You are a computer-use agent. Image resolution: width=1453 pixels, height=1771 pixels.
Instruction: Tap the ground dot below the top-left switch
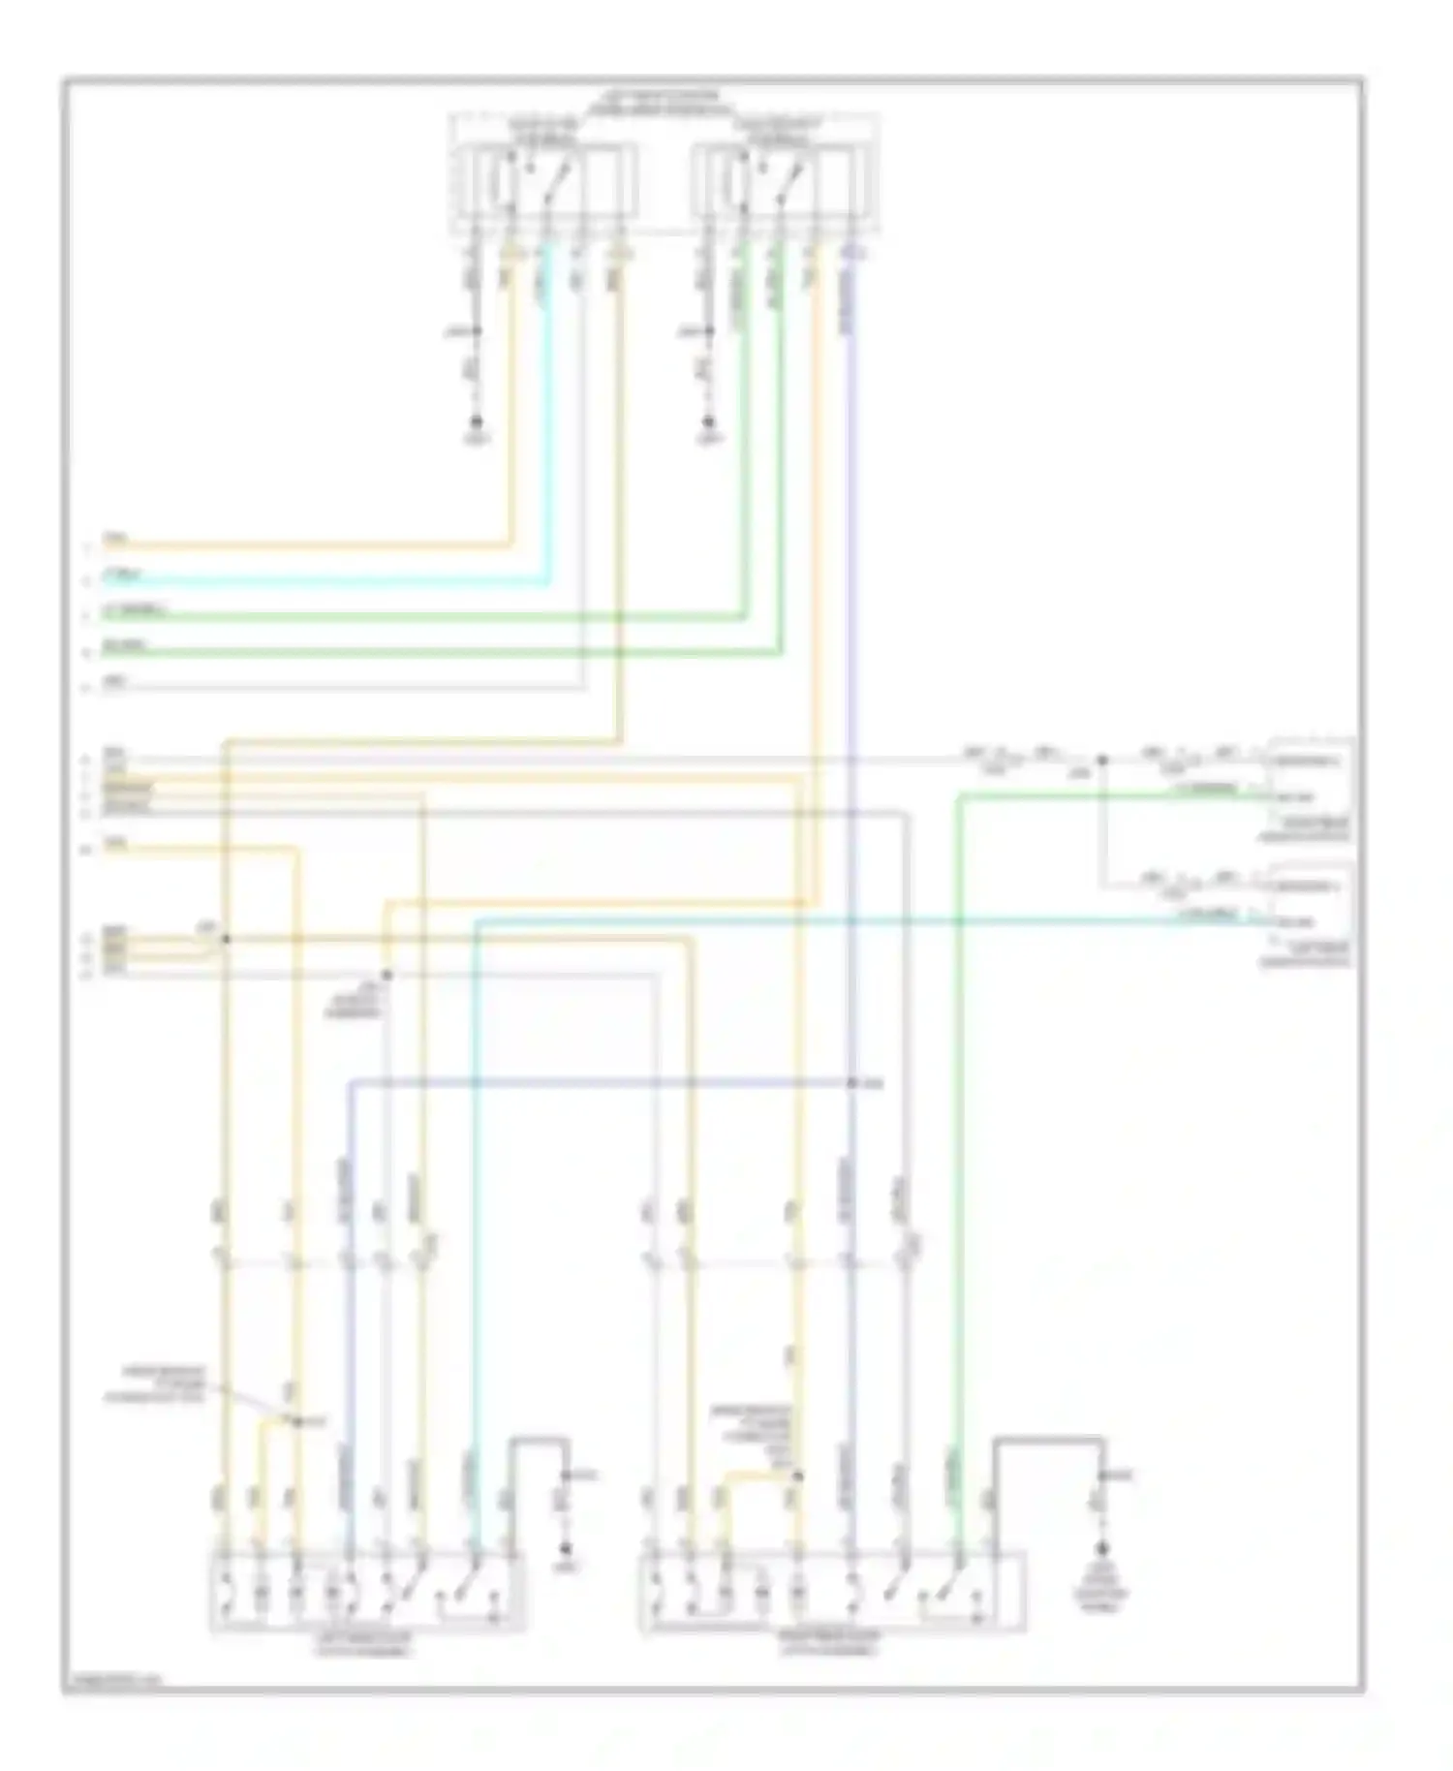476,422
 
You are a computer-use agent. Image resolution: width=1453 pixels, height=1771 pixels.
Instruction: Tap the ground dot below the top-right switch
709,422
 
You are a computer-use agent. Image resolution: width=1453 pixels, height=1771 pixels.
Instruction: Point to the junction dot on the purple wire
851,1083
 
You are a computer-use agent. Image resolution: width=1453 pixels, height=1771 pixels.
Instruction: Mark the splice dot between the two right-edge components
1101,761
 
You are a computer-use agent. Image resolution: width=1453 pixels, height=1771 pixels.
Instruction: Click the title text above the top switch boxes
662,103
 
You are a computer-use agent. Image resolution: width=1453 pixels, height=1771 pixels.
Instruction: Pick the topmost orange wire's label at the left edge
115,538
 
